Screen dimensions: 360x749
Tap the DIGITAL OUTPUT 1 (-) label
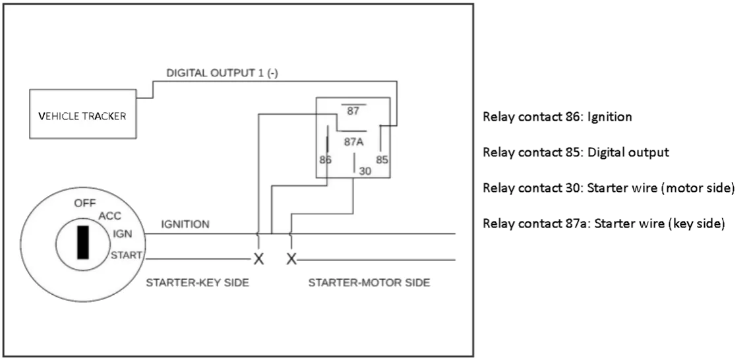(222, 73)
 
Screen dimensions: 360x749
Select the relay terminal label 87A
(354, 141)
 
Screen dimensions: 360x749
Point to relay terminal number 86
(325, 160)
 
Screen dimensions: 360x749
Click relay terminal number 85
(382, 160)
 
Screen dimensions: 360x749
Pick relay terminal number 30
(365, 170)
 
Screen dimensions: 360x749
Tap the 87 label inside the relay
(353, 111)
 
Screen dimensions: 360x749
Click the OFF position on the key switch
(84, 203)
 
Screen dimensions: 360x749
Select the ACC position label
(109, 216)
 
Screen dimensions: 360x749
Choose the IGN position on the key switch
(122, 233)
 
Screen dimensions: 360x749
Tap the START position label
(126, 255)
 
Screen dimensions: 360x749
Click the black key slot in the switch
(83, 242)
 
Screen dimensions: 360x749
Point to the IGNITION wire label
(185, 224)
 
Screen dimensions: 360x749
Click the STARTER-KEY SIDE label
(197, 282)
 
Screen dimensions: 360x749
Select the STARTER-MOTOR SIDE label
(369, 282)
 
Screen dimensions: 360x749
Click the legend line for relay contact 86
(558, 117)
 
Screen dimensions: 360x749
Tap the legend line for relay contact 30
(609, 188)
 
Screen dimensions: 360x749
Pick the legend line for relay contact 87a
(604, 224)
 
